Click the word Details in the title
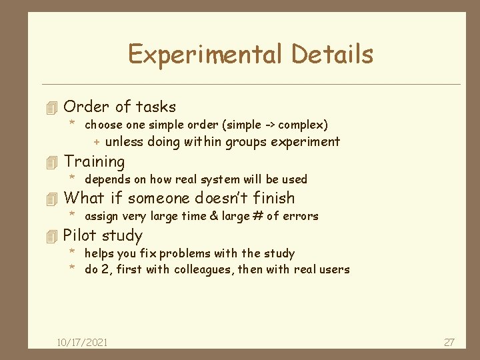pyautogui.click(x=333, y=54)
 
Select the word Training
pyautogui.click(x=94, y=161)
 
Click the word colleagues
pyautogui.click(x=203, y=269)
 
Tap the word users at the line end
pyautogui.click(x=334, y=269)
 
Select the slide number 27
pyautogui.click(x=449, y=342)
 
